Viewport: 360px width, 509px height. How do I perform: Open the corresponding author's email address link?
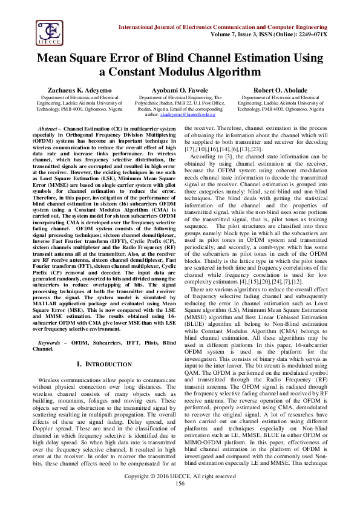[189, 114]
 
